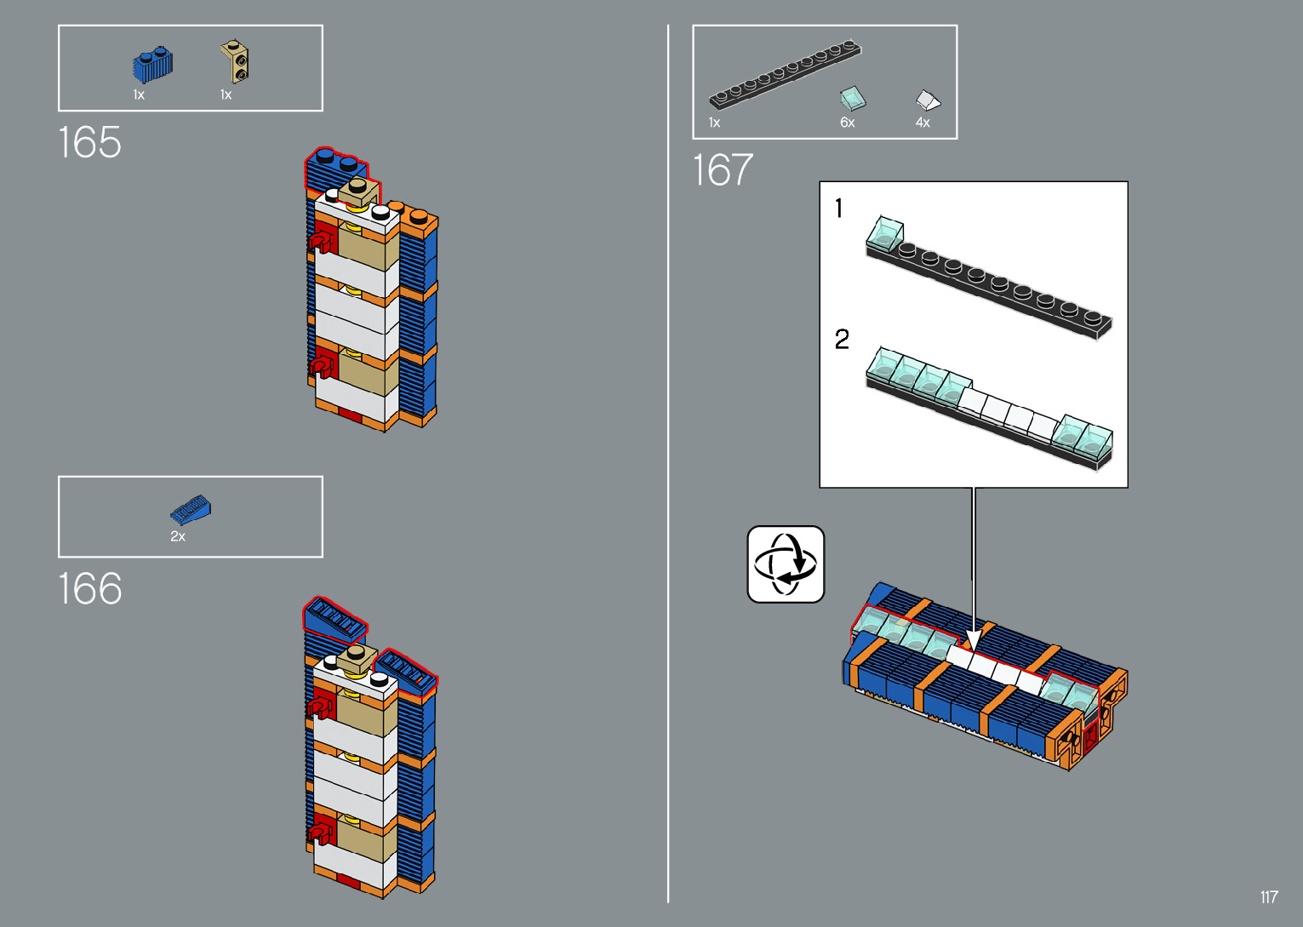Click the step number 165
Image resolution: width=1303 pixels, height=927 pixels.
90,143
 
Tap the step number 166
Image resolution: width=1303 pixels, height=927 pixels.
90,589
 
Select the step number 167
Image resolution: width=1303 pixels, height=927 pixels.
723,170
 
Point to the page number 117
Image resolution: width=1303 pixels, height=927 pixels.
1269,897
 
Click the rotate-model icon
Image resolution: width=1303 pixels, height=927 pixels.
786,564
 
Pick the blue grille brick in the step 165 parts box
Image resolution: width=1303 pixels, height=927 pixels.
152,66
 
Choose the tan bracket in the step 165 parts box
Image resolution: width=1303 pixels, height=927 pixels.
236,61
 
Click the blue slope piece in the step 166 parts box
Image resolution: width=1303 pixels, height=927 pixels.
191,509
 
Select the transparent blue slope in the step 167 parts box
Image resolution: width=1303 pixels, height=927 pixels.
852,99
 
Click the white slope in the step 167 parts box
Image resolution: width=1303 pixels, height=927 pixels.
928,101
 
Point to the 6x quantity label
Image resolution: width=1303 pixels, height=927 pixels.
847,123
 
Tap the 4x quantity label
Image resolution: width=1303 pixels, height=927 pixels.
923,123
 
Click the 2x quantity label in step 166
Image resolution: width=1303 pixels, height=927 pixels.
178,536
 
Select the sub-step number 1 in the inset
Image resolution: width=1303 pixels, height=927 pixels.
839,208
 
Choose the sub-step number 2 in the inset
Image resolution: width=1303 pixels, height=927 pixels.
842,340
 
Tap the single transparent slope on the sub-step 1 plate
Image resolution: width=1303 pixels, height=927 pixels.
886,232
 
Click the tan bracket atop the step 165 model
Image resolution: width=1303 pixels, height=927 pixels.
359,192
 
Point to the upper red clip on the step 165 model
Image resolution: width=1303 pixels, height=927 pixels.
322,243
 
